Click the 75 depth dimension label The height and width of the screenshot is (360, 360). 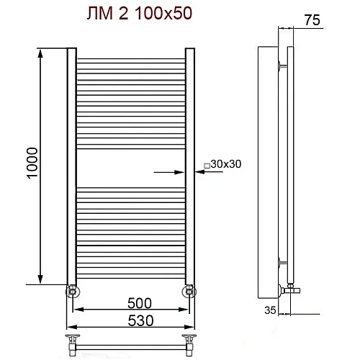tap(311, 19)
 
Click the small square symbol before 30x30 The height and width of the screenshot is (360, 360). tap(207, 165)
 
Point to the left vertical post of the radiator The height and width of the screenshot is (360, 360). tap(71, 166)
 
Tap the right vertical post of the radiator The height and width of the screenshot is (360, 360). tap(190, 166)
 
